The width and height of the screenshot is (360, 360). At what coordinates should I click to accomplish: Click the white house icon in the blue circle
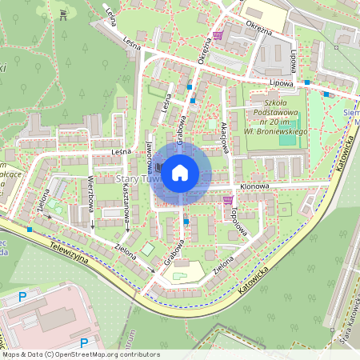tap(180, 172)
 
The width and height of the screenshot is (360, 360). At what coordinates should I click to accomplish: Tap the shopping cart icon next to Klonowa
tap(229, 200)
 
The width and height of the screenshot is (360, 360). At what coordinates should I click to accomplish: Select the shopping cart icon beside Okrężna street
tap(218, 36)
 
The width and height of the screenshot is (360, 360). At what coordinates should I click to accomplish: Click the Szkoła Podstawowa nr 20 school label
tap(280, 112)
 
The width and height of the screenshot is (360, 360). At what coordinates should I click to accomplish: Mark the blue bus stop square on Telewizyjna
tap(30, 230)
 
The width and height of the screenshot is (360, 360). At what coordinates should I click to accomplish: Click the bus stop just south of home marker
tap(186, 221)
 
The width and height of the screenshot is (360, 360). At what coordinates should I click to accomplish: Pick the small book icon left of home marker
tap(158, 168)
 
